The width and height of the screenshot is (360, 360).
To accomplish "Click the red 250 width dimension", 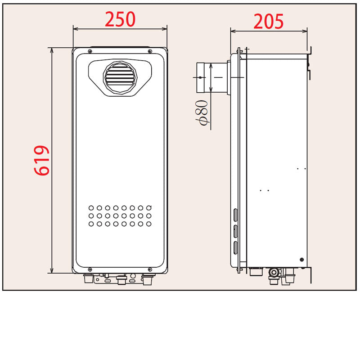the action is pos(120,19).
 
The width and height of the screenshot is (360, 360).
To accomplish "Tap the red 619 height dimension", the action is pos(41,161).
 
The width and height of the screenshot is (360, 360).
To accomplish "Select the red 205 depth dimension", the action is pos(269,21).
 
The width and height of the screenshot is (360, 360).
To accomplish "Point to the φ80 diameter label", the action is pos(202,113).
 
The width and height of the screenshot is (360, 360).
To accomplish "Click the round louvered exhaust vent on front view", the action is pos(120,77).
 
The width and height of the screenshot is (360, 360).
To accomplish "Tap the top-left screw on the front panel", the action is pos(90,51).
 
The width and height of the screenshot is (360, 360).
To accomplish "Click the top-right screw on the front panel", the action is pos(150,51).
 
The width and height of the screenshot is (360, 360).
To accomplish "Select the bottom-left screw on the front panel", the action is pos(90,269).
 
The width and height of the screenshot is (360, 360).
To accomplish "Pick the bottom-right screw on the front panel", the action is pos(150,269).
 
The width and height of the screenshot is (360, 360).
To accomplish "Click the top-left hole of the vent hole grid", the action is pos(91,208).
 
